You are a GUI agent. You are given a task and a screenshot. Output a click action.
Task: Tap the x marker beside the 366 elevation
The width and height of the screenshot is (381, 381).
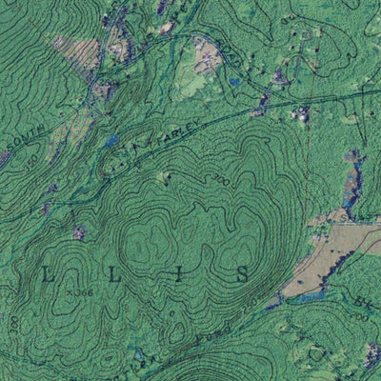tap(71, 292)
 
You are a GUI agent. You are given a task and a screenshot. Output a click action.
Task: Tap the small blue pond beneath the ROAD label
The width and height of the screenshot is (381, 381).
tap(233, 83)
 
